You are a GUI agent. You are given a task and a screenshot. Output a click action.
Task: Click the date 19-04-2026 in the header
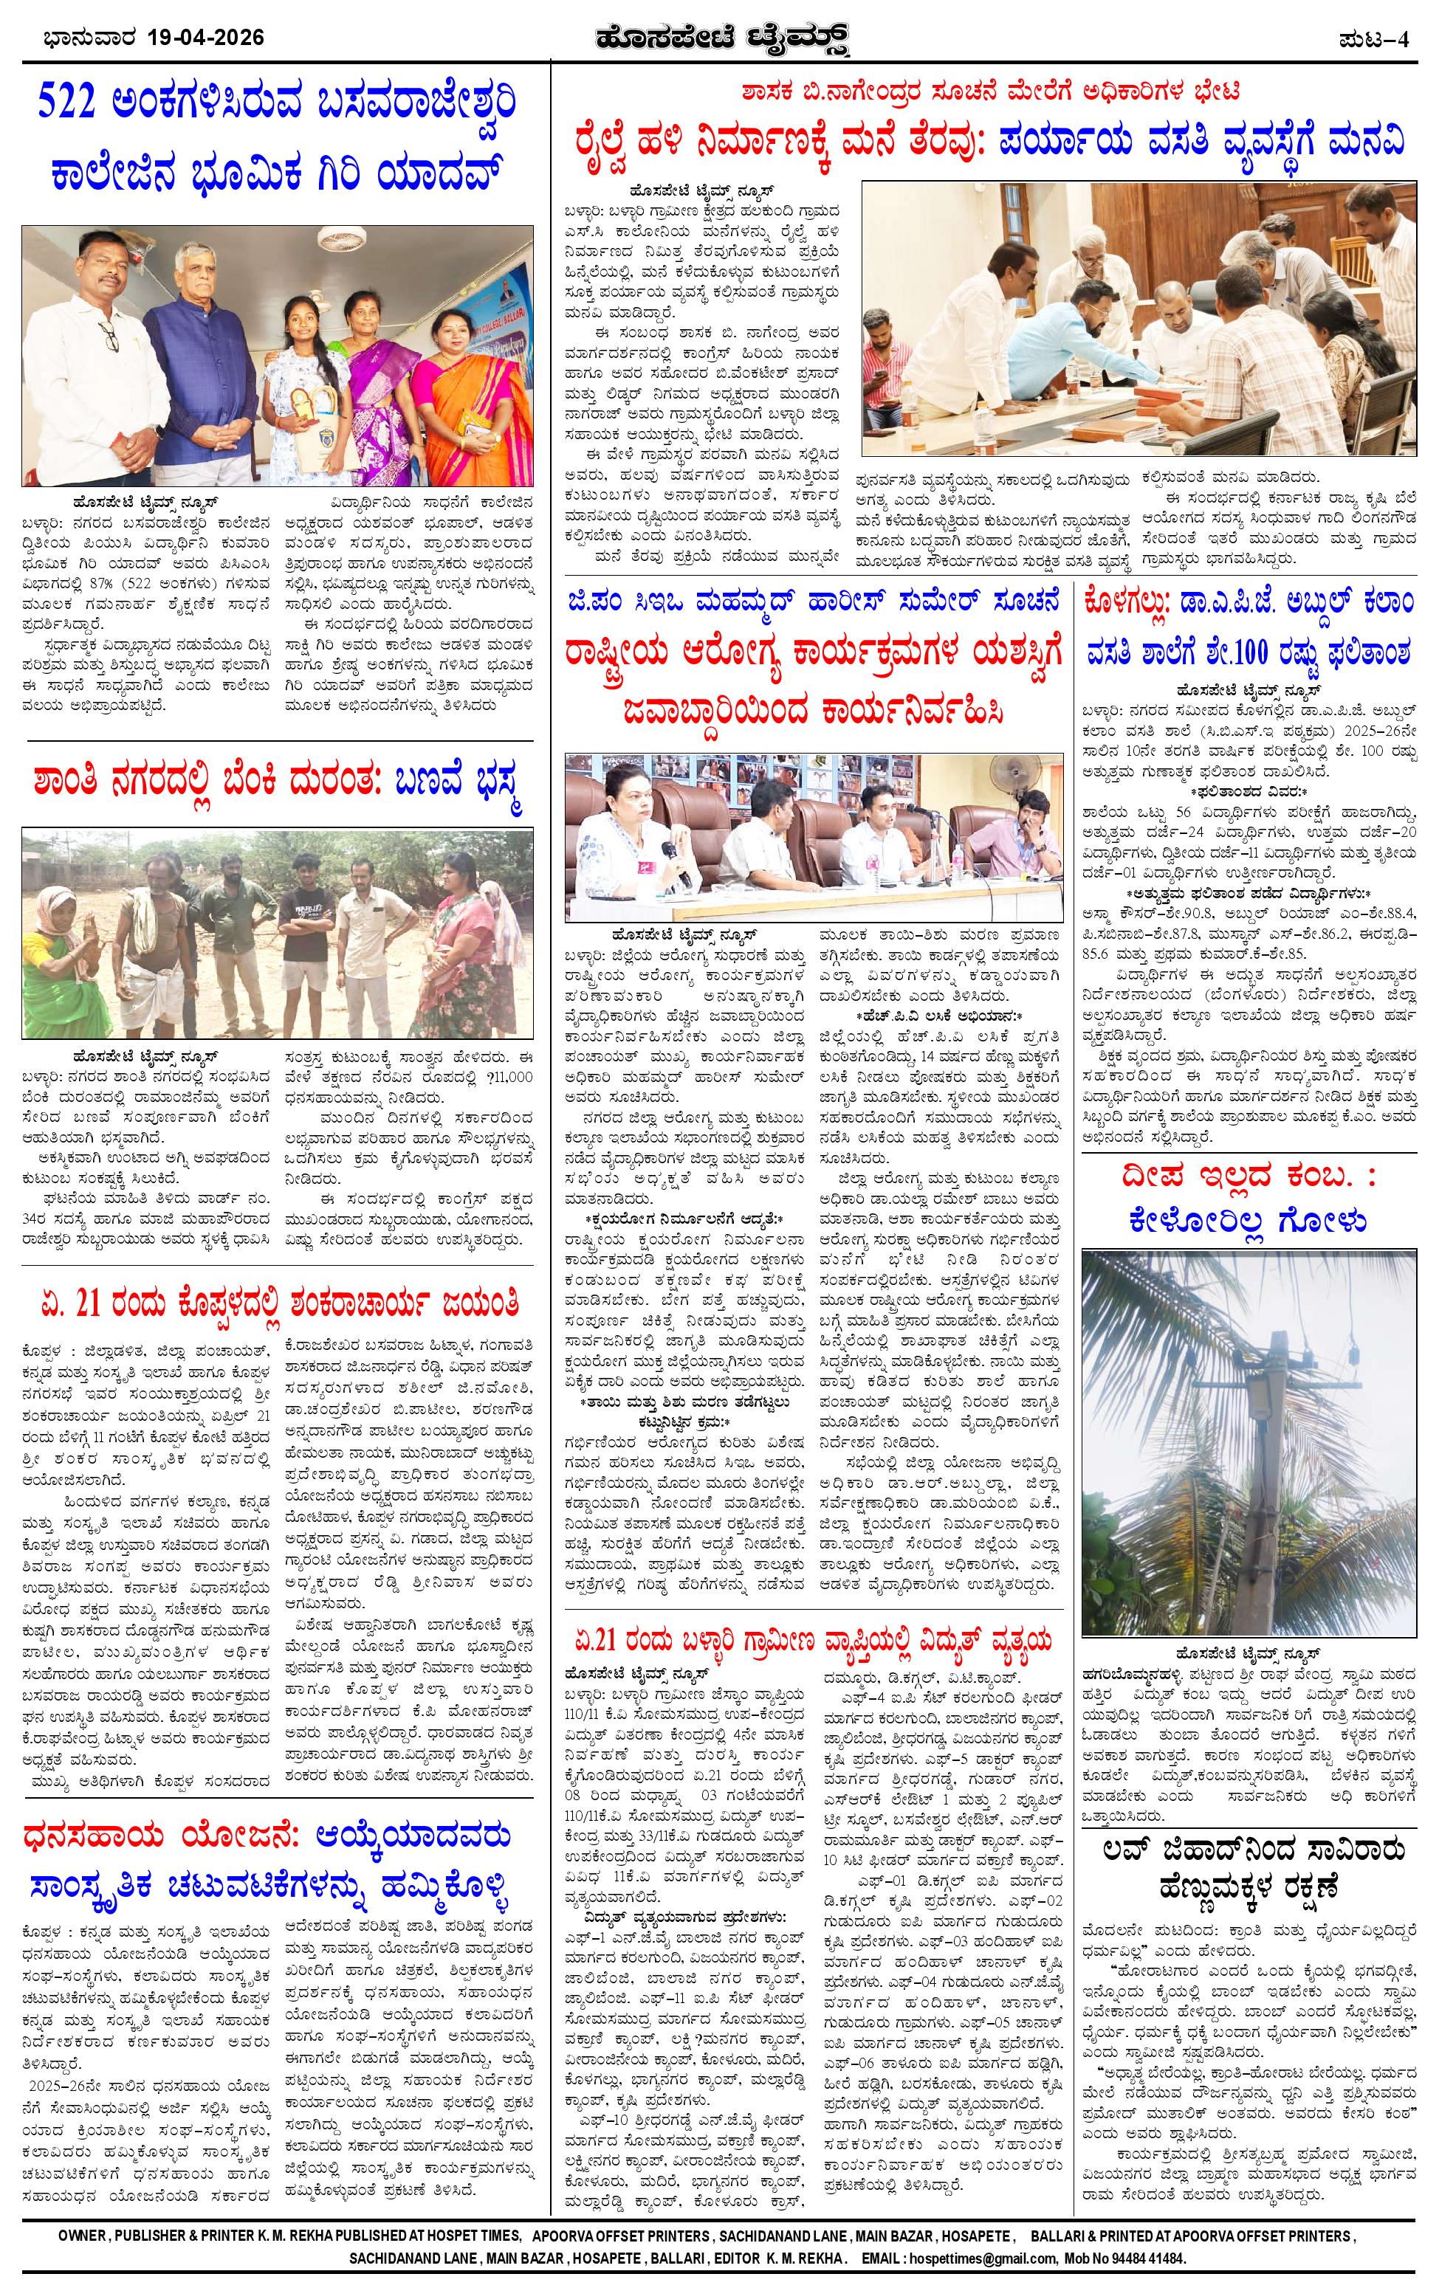coord(206,39)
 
